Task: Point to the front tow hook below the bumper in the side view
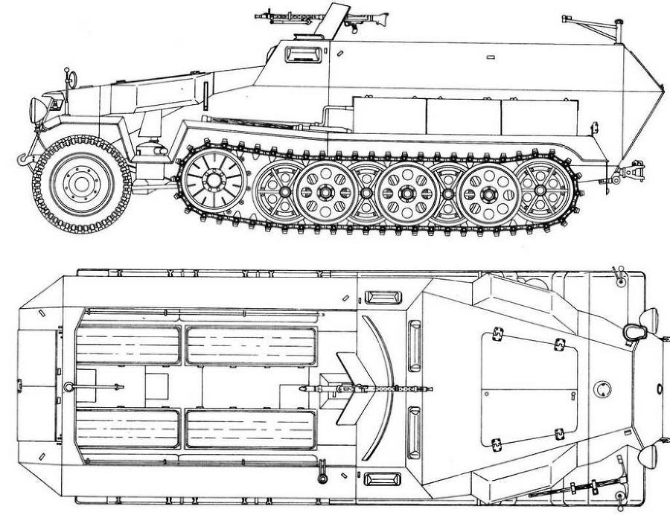click(24, 158)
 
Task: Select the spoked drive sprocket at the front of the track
click(214, 179)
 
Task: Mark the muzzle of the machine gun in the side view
click(258, 14)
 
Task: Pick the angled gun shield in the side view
click(336, 19)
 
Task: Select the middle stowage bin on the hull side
click(463, 116)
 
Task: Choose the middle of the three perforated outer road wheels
click(406, 192)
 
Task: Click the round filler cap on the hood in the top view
click(602, 388)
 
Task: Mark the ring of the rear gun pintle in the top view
click(68, 386)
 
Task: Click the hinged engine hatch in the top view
click(529, 390)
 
